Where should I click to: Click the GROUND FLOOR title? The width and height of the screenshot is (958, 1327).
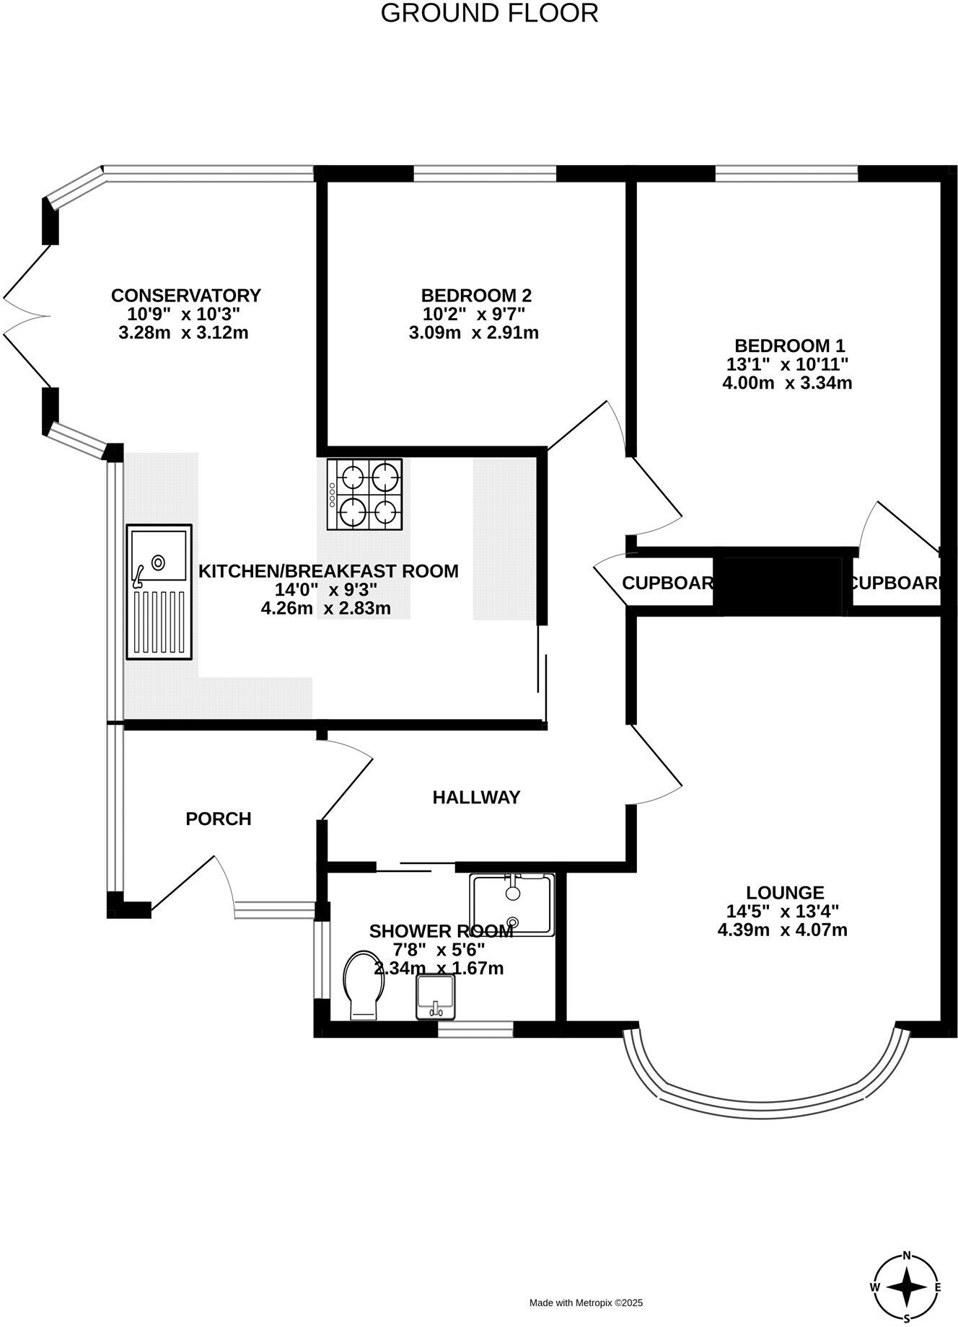coord(489,13)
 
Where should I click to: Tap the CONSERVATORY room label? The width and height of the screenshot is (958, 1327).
coord(185,296)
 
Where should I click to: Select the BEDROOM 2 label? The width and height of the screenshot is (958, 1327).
coord(476,296)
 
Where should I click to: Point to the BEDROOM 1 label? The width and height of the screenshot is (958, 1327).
coord(789,345)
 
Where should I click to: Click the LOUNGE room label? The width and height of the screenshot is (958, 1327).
coord(785,893)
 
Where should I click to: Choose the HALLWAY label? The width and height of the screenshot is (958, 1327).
coord(476,798)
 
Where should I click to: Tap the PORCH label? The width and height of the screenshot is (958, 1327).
coord(219,819)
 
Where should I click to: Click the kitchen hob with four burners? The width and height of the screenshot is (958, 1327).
coord(365,495)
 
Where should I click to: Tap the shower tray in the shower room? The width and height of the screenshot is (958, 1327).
coord(512,904)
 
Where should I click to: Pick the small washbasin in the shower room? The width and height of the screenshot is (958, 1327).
coord(436,997)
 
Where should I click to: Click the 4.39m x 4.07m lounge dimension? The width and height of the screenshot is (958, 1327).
coord(782,930)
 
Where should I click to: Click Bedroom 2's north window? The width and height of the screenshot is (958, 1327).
coord(485,173)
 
